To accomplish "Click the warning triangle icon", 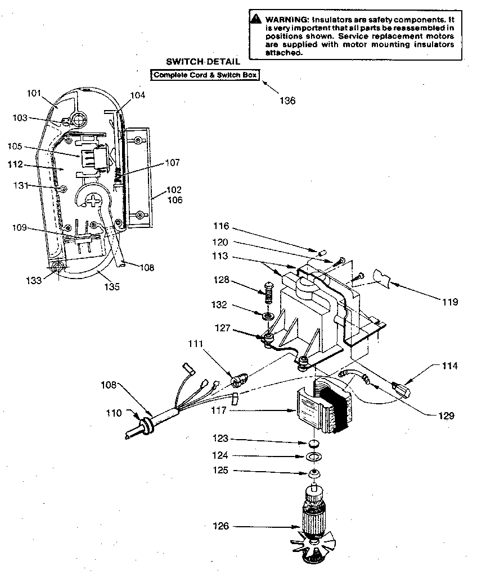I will click(x=256, y=19).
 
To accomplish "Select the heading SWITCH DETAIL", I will click(x=202, y=61).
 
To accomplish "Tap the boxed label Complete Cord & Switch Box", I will click(x=205, y=75).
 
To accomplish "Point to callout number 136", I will click(x=287, y=101).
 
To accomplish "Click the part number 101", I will click(x=34, y=93).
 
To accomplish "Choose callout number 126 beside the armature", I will click(x=221, y=526).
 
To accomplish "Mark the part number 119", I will click(x=450, y=302).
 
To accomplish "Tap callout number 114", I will click(x=450, y=366).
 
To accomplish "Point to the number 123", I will click(x=221, y=439).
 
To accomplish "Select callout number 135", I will click(x=111, y=287).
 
